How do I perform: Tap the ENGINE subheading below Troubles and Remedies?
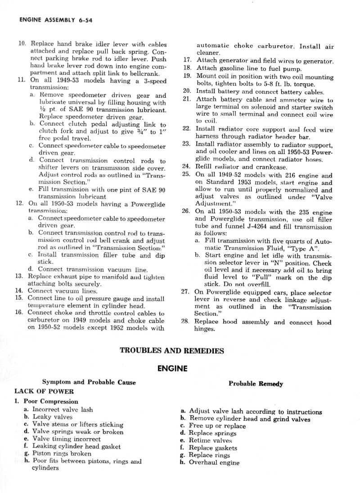pyautogui.click(x=172, y=368)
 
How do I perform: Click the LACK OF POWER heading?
pyautogui.click(x=44, y=391)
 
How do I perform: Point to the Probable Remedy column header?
pyautogui.click(x=256, y=384)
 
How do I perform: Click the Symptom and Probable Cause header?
pyautogui.click(x=89, y=382)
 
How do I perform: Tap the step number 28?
pyautogui.click(x=185, y=322)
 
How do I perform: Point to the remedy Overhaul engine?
pyautogui.click(x=214, y=462)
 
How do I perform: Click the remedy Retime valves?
pyautogui.click(x=210, y=441)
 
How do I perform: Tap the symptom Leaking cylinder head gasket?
pyautogui.click(x=76, y=447)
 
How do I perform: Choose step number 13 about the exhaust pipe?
pyautogui.click(x=19, y=276)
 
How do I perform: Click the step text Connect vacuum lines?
pyautogui.click(x=56, y=291)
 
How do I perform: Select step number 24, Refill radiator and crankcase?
pyautogui.click(x=186, y=166)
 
